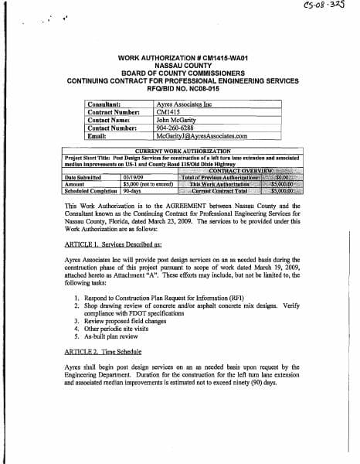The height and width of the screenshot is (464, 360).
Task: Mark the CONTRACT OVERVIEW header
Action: pyautogui.click(x=242, y=170)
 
